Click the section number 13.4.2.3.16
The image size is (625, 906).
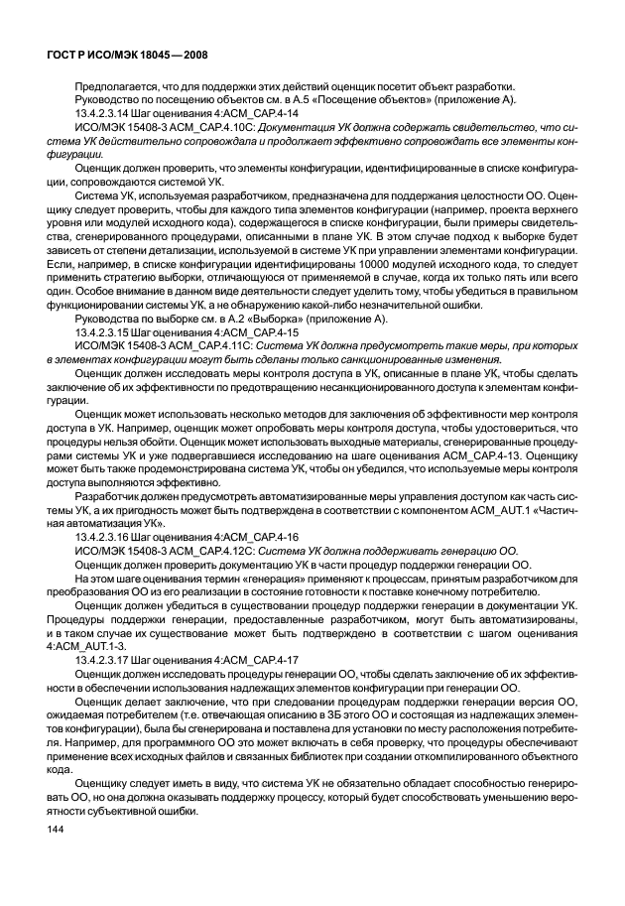tap(104, 539)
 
